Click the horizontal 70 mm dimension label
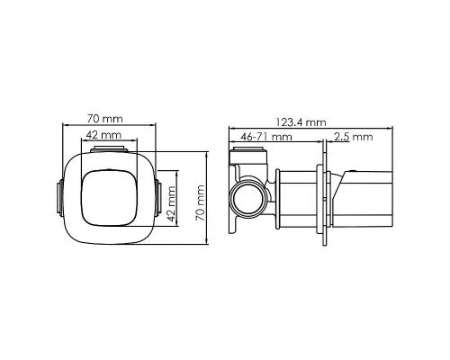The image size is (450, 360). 105,119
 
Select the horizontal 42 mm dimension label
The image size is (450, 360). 103,135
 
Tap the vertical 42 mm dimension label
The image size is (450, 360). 171,203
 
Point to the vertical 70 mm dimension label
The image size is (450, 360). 200,203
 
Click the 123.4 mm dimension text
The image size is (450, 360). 301,122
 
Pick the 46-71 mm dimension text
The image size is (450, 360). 266,137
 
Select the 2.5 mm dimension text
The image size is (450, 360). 354,137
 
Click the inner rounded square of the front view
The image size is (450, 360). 109,198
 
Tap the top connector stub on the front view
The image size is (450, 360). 109,148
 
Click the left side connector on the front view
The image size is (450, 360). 60,198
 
